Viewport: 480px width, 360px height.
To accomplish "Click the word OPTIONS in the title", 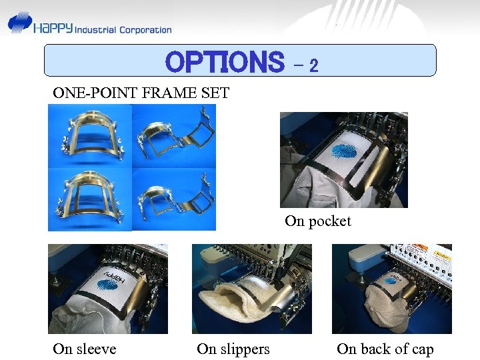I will coord(224,63).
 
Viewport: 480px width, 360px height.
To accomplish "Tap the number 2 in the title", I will coord(313,65).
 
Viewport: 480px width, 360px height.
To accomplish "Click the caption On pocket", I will coord(317,221).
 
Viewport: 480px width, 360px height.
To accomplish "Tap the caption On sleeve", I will coord(85,349).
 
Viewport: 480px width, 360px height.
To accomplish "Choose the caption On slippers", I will coord(233,349).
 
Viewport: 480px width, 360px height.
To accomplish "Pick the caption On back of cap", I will coord(385,349).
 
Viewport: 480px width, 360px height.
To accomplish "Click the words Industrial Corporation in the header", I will coord(123,29).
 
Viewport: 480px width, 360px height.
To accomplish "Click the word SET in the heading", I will coord(215,93).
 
